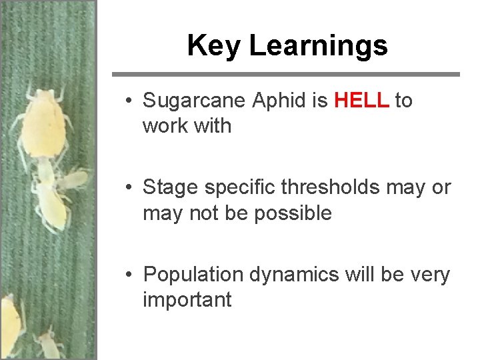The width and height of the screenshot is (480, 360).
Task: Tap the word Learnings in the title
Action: click(x=318, y=46)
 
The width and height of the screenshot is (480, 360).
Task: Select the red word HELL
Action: click(x=361, y=101)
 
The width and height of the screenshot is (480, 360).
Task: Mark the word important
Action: click(x=187, y=300)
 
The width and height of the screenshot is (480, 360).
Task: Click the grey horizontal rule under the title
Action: click(x=285, y=74)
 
